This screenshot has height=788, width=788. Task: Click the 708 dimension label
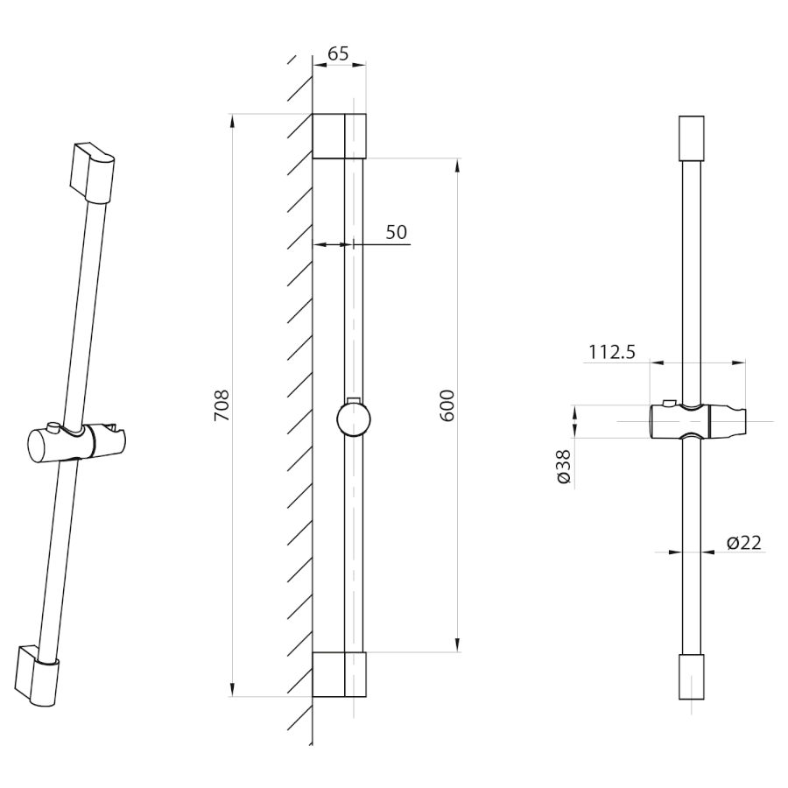[222, 405]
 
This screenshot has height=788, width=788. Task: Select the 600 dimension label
[447, 405]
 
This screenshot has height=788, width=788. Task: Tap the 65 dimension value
[338, 53]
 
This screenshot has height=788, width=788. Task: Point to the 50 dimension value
[396, 232]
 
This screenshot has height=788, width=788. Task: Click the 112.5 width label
[612, 352]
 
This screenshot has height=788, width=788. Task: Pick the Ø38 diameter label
[565, 467]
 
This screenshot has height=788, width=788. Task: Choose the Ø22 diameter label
[743, 542]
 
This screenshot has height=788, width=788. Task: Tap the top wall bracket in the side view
[339, 137]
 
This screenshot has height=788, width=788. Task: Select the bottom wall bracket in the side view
[339, 674]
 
